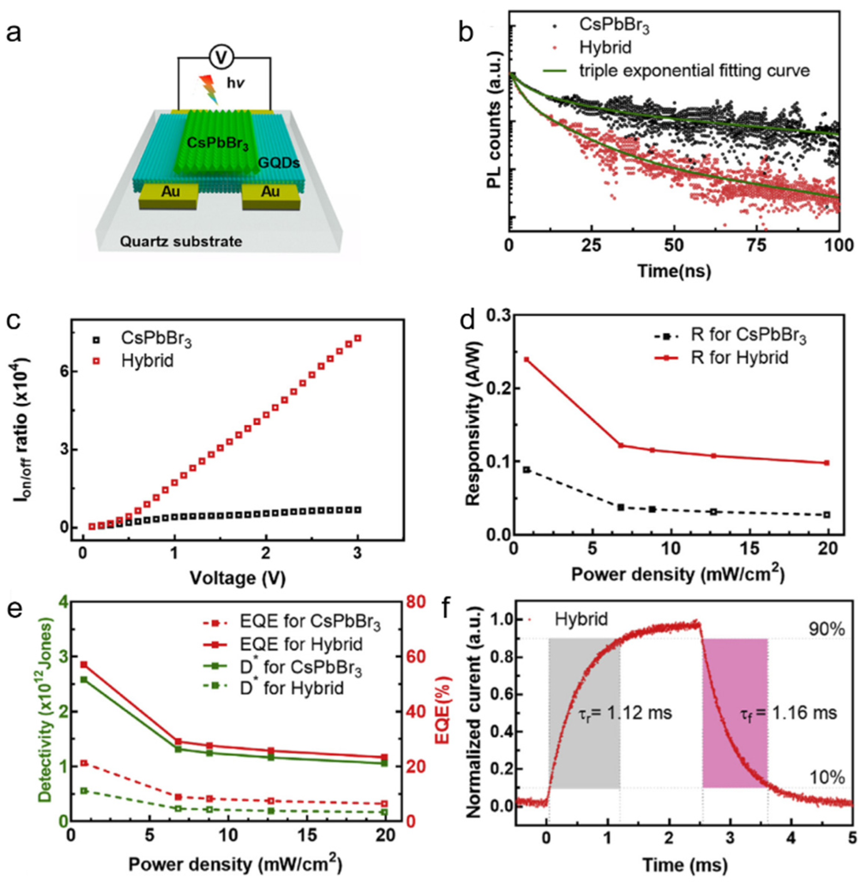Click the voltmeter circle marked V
[x=221, y=57]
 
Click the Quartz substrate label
[x=181, y=242]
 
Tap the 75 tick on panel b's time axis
[x=757, y=245]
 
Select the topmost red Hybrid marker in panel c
[x=358, y=338]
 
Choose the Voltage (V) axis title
[x=238, y=578]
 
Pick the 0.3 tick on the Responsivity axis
[x=495, y=316]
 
